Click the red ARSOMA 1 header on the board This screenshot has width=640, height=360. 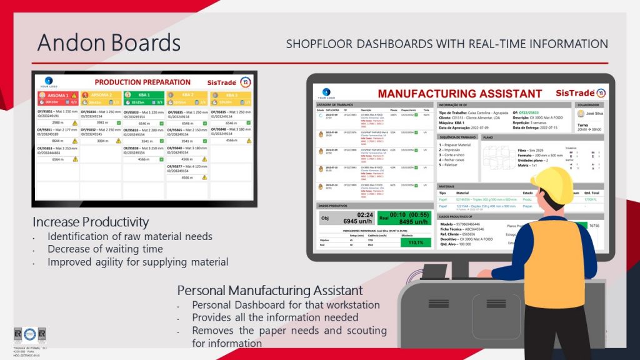57,95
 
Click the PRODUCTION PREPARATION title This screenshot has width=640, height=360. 142,82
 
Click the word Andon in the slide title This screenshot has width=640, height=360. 71,43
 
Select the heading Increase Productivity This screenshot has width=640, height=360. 91,222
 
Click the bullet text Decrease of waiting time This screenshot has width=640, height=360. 105,249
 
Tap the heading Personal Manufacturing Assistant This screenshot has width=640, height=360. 270,290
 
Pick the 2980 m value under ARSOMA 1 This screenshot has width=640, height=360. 53,123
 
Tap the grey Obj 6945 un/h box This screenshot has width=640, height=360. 346,217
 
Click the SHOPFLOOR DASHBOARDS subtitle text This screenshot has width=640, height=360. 447,44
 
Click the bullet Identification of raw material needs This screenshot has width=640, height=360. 130,237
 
